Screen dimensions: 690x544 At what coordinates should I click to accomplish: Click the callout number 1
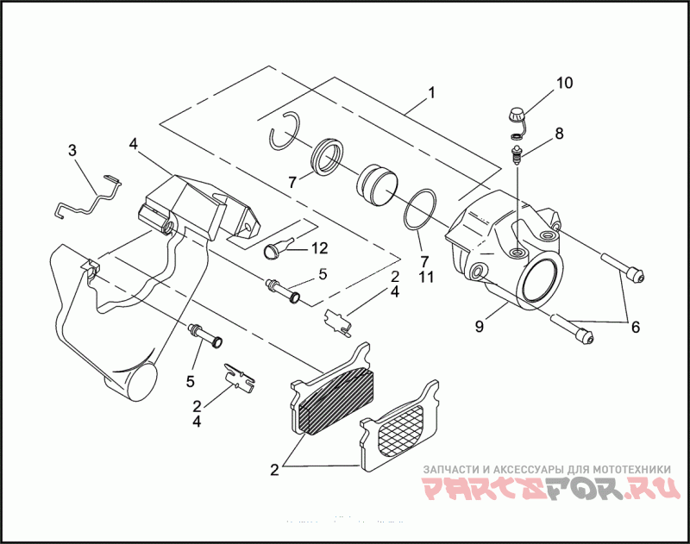(431, 92)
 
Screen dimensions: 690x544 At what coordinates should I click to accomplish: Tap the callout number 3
(72, 150)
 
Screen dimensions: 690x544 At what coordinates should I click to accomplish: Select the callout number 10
(563, 84)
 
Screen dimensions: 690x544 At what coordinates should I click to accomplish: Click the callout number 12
(320, 248)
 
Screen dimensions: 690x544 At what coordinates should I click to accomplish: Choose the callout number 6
(635, 328)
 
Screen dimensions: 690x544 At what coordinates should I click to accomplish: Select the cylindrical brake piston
(378, 184)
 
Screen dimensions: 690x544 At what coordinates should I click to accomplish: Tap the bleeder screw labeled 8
(517, 156)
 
